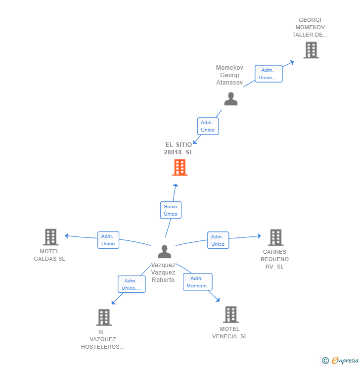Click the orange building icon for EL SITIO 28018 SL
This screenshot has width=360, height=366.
click(x=180, y=167)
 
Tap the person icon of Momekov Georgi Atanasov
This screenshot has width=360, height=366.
click(x=231, y=99)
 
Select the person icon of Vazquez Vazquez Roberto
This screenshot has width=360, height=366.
click(x=165, y=251)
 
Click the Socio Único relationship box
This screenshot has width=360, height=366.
click(x=171, y=210)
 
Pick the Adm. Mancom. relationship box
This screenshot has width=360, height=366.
click(x=198, y=282)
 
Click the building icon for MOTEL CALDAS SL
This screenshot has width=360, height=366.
click(x=50, y=237)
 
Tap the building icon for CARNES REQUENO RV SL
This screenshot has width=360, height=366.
click(x=276, y=237)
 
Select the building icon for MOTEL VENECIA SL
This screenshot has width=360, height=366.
click(x=231, y=315)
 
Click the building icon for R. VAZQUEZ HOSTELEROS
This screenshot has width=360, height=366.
click(x=104, y=318)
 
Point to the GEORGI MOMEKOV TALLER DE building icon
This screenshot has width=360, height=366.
click(x=311, y=50)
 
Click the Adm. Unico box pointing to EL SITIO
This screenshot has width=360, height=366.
click(x=208, y=126)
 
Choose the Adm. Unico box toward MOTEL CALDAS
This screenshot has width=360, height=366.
click(x=108, y=240)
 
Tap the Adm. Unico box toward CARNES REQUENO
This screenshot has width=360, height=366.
click(x=218, y=240)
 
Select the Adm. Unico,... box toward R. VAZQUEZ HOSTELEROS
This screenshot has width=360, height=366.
click(x=132, y=284)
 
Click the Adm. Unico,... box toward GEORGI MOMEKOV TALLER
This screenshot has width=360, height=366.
click(x=269, y=74)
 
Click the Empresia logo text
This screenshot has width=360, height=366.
click(x=345, y=360)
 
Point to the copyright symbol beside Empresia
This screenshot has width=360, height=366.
click(x=325, y=361)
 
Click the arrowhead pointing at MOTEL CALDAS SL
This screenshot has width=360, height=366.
click(x=66, y=236)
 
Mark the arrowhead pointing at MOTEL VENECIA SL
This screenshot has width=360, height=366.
click(x=218, y=299)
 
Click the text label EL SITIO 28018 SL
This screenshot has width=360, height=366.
click(x=179, y=148)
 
